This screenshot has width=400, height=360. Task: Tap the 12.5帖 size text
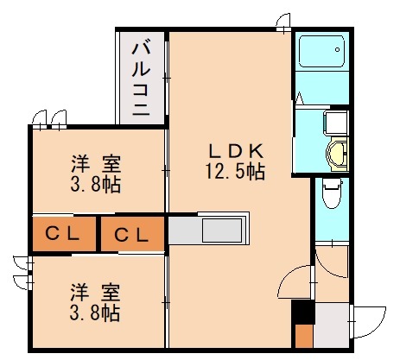[228, 171]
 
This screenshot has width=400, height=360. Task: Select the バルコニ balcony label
[141, 77]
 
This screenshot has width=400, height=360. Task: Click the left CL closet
[63, 233]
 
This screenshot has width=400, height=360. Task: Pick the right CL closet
[131, 233]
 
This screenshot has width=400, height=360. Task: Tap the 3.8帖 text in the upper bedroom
[96, 183]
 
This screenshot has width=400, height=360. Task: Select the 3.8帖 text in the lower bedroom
[96, 311]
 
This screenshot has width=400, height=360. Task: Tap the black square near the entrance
[302, 311]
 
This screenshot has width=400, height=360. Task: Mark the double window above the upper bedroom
[48, 117]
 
